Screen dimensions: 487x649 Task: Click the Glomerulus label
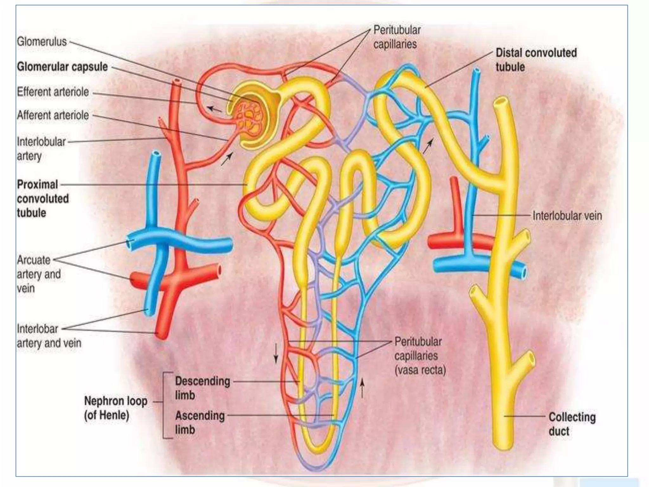pyautogui.click(x=42, y=42)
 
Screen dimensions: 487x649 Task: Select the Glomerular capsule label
pyautogui.click(x=62, y=67)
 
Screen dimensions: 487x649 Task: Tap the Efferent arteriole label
pyautogui.click(x=53, y=92)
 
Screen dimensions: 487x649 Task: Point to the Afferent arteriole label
pyautogui.click(x=53, y=115)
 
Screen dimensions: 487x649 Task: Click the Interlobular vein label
pyautogui.click(x=567, y=216)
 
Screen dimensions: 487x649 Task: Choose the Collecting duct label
pyautogui.click(x=572, y=424)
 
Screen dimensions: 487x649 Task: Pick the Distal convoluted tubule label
pyautogui.click(x=536, y=60)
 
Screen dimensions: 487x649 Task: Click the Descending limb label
pyautogui.click(x=202, y=388)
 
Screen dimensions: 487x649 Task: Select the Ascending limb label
pyautogui.click(x=200, y=422)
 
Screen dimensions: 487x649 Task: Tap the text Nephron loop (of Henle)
pyautogui.click(x=116, y=408)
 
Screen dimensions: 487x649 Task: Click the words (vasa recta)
pyautogui.click(x=420, y=370)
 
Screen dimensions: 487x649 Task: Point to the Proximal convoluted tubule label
pyautogui.click(x=43, y=198)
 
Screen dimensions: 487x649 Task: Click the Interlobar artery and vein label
pyautogui.click(x=49, y=336)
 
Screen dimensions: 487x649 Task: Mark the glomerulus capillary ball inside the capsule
pyautogui.click(x=249, y=119)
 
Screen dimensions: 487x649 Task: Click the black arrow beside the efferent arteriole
pyautogui.click(x=214, y=109)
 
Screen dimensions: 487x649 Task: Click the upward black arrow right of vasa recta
pyautogui.click(x=363, y=388)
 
